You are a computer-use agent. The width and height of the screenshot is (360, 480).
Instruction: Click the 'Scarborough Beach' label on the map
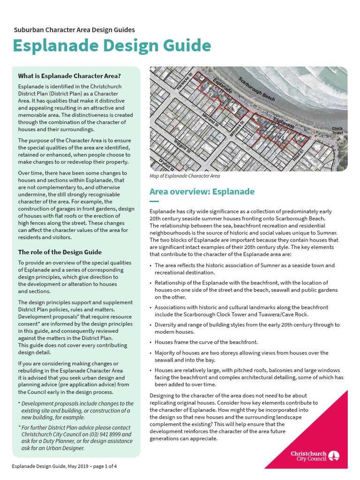[x=256, y=89]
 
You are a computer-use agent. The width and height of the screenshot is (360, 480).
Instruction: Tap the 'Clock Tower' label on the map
[x=337, y=131]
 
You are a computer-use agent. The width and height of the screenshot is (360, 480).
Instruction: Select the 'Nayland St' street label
[x=210, y=119]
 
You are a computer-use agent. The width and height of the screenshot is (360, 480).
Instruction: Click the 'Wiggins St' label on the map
[x=182, y=146]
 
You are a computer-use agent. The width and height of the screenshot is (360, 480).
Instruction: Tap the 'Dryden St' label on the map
[x=166, y=165]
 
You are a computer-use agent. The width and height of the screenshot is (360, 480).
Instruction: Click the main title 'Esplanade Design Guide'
[x=112, y=46]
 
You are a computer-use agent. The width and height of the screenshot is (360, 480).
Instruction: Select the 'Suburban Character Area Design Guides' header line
[x=74, y=30]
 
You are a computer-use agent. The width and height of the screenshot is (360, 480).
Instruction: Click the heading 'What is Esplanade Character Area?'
[x=69, y=76]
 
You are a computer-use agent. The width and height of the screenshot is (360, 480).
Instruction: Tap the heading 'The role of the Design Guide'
[x=60, y=252]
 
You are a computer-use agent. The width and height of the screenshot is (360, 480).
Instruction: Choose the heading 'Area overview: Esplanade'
[x=202, y=192]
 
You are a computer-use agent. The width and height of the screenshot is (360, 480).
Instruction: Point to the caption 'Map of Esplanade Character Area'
[x=184, y=176]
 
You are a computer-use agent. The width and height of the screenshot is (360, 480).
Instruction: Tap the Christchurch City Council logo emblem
[x=334, y=456]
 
